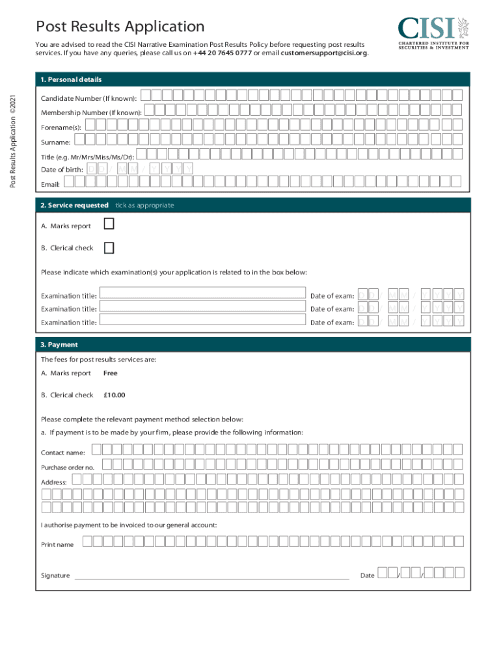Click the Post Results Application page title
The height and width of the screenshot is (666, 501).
120,27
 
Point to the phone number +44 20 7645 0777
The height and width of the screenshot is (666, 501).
222,53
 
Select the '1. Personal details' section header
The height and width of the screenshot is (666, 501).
71,79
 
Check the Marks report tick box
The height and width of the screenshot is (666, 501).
109,224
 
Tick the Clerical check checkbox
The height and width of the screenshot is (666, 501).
109,247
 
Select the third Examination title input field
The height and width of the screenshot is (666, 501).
202,319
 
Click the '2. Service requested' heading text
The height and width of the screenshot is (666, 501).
74,205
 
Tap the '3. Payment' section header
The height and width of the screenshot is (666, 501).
59,345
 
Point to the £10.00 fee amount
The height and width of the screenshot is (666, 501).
115,395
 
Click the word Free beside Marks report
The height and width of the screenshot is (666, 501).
111,373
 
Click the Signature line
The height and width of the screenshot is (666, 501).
211,576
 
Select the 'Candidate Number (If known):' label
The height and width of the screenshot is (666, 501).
88,98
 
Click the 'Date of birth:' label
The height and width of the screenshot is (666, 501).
62,170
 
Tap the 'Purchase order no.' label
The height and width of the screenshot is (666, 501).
68,468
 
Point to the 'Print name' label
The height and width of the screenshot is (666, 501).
57,544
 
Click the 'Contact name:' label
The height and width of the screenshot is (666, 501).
63,453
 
